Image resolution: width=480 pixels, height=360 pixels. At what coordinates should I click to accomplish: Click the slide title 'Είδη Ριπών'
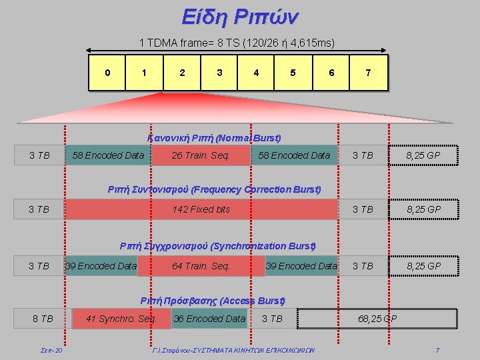(x=240, y=17)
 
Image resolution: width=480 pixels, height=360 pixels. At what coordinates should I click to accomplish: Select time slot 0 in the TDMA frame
(x=107, y=73)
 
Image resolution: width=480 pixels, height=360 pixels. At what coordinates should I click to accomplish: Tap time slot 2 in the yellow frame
(x=182, y=73)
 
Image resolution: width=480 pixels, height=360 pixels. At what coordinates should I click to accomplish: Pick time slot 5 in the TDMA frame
(x=293, y=73)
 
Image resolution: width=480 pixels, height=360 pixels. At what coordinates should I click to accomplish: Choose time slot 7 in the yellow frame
(x=369, y=73)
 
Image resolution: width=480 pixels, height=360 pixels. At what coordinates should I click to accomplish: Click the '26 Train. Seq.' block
(x=201, y=155)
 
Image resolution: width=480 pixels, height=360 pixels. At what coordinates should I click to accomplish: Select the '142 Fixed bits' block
(x=201, y=209)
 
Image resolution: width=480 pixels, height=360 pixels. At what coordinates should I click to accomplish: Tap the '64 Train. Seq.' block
(x=201, y=266)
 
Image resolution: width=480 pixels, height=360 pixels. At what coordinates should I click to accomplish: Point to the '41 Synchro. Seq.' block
(x=121, y=319)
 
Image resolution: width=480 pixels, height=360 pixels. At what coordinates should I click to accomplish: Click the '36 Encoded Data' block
(x=209, y=319)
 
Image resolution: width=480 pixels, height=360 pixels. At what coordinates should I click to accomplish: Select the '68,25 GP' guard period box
(x=377, y=319)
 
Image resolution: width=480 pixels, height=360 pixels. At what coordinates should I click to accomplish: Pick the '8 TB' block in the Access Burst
(x=43, y=319)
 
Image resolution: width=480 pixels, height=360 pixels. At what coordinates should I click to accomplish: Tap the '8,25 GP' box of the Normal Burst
(x=423, y=155)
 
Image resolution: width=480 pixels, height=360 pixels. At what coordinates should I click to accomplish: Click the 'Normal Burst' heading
(x=214, y=138)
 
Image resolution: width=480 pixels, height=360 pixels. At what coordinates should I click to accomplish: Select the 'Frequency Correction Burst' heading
(x=214, y=189)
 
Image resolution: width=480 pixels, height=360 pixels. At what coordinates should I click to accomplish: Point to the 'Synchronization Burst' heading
(x=217, y=246)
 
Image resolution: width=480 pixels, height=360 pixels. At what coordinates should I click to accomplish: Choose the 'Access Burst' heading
(x=213, y=301)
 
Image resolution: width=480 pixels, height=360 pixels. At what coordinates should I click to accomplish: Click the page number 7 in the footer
(x=437, y=350)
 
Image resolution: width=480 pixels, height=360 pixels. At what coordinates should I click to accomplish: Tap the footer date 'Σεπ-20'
(x=51, y=350)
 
